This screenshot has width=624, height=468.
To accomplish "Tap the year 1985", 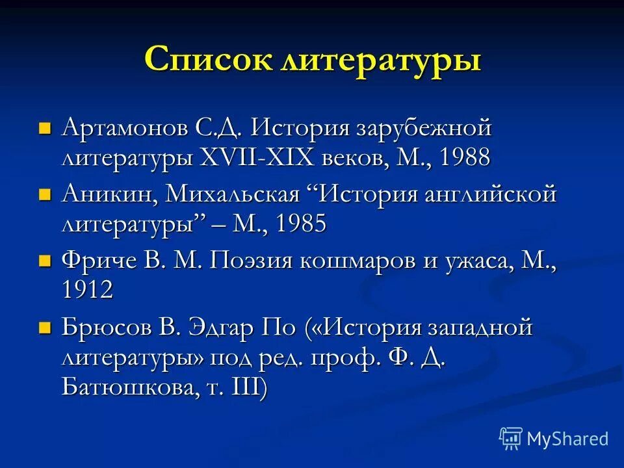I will [300, 225].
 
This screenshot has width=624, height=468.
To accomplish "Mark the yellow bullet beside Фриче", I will [44, 261].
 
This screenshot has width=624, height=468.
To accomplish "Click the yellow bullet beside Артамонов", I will [44, 127].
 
